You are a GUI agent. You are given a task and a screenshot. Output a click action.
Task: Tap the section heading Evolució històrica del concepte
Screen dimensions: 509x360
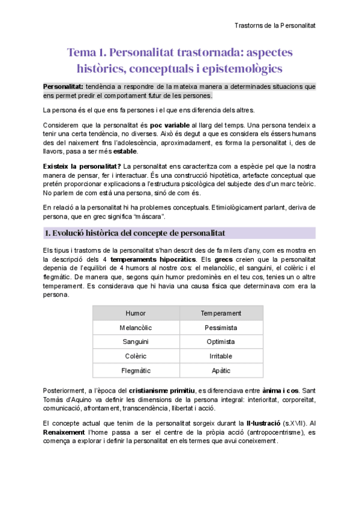click(x=143, y=232)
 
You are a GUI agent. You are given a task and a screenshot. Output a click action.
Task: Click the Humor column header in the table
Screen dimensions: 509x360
click(x=136, y=313)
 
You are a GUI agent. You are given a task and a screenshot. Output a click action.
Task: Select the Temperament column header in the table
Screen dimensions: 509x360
click(x=221, y=313)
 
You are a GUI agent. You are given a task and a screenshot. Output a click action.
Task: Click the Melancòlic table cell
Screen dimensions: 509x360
click(x=136, y=328)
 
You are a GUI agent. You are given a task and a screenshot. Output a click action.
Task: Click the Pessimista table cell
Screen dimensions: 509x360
click(x=221, y=328)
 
